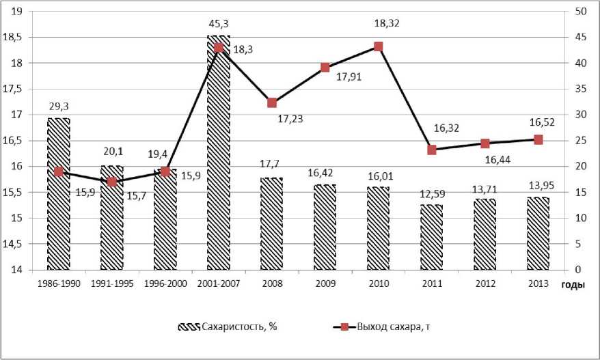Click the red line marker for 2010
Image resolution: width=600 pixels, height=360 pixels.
coord(378,46)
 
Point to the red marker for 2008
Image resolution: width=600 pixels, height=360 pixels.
coord(271,102)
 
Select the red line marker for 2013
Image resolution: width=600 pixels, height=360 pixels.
coord(538,139)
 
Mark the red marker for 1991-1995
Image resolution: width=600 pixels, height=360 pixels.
coord(111,182)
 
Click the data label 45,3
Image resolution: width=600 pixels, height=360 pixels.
coord(218,23)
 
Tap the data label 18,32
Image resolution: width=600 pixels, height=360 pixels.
coord(387,23)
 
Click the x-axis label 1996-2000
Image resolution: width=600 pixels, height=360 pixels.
coord(165,284)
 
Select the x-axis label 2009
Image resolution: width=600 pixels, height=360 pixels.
coord(325,284)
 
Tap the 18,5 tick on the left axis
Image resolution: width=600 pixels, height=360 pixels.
coord(14,38)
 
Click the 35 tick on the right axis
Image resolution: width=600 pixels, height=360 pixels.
coord(579,89)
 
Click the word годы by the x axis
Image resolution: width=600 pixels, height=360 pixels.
coord(573,285)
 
